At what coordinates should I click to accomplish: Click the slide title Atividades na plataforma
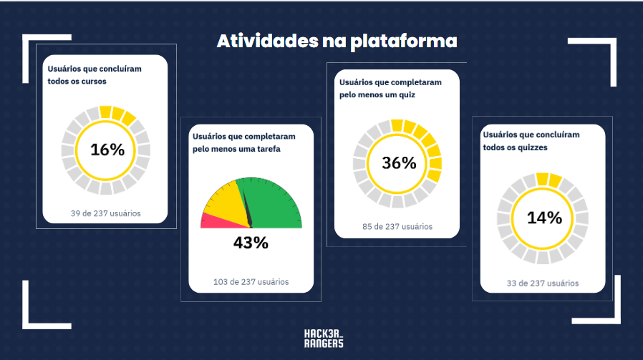(x=337, y=41)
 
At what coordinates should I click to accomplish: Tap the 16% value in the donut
(x=107, y=150)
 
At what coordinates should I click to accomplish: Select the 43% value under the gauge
(x=251, y=243)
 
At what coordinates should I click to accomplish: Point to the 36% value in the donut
(x=399, y=163)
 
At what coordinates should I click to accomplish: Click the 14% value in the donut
(x=544, y=218)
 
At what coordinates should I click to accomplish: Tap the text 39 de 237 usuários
(x=106, y=213)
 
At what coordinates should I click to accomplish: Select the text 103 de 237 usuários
(x=251, y=281)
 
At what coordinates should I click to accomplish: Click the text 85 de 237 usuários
(x=397, y=227)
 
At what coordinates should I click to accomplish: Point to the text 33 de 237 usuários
(x=543, y=283)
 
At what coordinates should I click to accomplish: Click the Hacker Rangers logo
(x=324, y=339)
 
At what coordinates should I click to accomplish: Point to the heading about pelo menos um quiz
(x=390, y=87)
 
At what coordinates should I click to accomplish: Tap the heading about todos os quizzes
(x=531, y=140)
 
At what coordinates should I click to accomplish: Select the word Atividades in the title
(x=258, y=41)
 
